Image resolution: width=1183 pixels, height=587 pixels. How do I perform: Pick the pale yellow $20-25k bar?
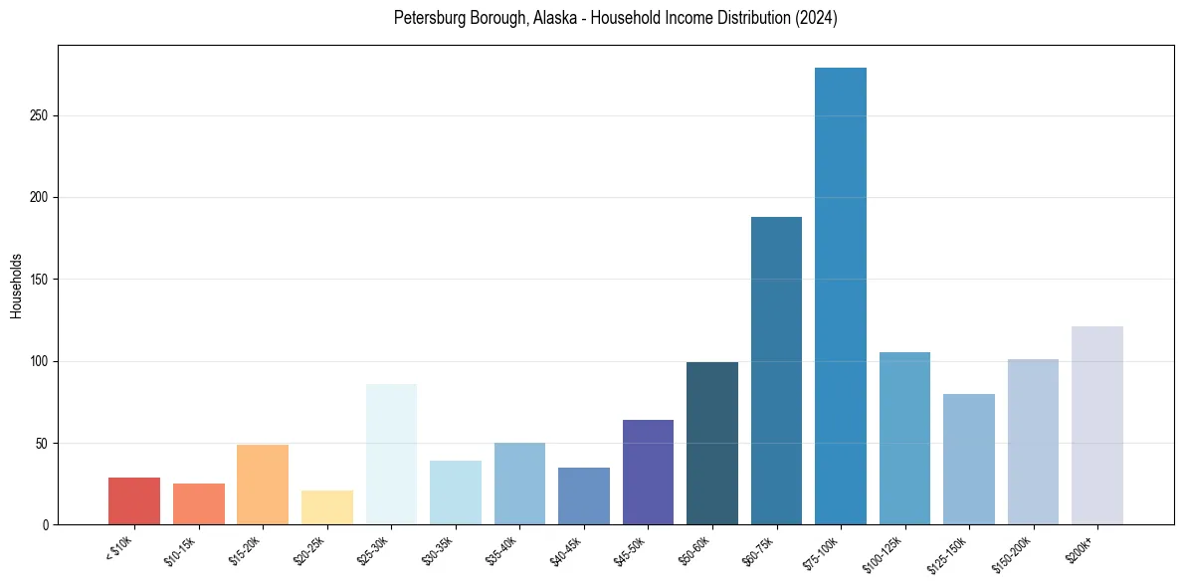click(326, 507)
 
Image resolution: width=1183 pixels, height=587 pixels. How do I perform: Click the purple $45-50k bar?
click(648, 472)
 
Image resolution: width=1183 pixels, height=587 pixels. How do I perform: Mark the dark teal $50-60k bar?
click(712, 443)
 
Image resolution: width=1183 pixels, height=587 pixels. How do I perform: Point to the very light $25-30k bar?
click(391, 454)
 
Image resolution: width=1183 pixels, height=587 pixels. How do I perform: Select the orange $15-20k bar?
click(263, 485)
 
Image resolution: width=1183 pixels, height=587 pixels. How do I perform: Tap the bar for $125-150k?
click(969, 459)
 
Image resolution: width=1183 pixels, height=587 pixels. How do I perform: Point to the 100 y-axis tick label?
click(40, 361)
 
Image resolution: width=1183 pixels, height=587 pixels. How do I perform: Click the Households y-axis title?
click(16, 286)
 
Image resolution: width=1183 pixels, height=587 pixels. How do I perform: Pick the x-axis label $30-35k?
click(439, 551)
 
